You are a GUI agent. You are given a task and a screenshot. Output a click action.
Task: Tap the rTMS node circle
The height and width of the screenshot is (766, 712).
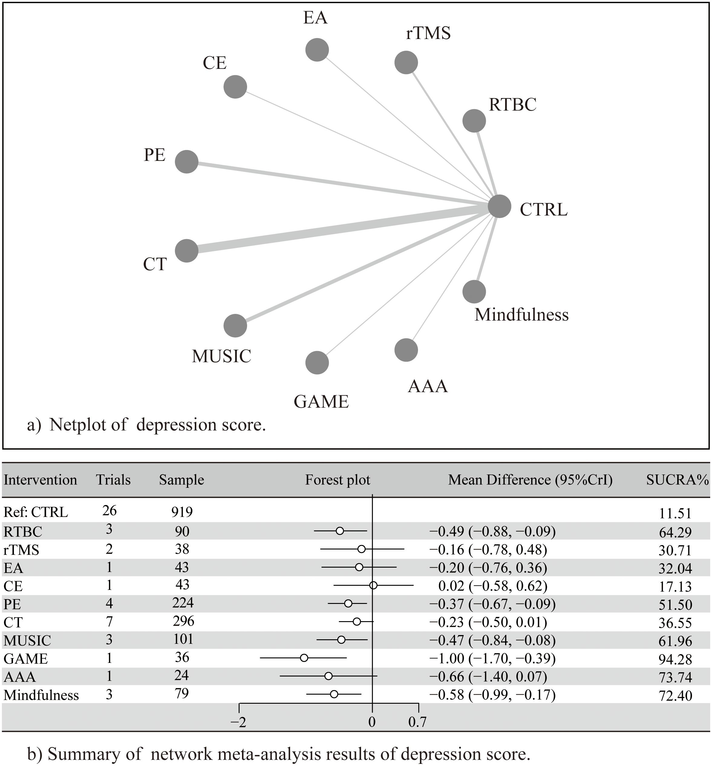(x=406, y=62)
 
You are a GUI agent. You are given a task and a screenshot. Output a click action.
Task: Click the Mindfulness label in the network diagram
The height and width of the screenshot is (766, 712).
(x=521, y=315)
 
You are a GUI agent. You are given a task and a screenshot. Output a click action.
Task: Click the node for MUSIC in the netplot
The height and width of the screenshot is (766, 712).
(x=235, y=325)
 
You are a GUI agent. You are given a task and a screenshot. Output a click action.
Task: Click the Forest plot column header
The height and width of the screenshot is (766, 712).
(x=338, y=480)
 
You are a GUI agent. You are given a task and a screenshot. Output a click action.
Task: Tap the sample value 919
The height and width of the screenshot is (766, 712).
(x=182, y=512)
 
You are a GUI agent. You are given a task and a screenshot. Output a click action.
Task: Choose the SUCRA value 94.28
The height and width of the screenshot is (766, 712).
(x=675, y=659)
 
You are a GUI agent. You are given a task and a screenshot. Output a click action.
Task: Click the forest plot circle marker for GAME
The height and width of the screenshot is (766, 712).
(x=304, y=658)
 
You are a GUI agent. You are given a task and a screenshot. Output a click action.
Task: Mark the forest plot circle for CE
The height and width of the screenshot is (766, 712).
(x=373, y=585)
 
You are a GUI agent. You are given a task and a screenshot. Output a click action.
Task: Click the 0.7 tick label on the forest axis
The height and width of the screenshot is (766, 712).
(x=418, y=722)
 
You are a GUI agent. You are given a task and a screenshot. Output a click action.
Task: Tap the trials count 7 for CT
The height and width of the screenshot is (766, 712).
(x=109, y=621)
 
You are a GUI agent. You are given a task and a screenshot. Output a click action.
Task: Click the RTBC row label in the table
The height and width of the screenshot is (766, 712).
(x=23, y=531)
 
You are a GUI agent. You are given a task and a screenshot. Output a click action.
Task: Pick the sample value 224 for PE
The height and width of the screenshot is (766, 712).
(x=183, y=603)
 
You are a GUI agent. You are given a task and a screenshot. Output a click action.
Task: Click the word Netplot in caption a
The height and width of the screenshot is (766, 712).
(x=88, y=424)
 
